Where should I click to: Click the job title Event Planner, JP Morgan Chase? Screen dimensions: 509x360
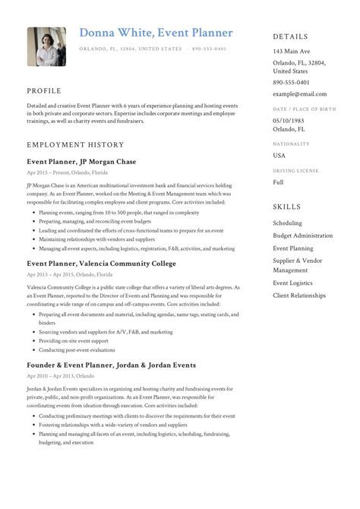click(81, 162)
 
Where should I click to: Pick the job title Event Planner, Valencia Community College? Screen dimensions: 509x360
click(101, 263)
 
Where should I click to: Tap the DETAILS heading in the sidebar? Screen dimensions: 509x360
click(291, 36)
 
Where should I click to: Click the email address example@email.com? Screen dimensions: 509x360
click(299, 94)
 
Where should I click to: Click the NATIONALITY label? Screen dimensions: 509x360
click(292, 143)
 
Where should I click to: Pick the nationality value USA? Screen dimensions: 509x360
click(279, 155)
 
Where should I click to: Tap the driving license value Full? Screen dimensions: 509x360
click(279, 183)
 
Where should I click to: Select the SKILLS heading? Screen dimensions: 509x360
click(286, 207)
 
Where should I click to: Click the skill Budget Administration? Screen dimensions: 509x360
click(302, 236)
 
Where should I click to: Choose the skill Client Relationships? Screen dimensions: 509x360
click(302, 294)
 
